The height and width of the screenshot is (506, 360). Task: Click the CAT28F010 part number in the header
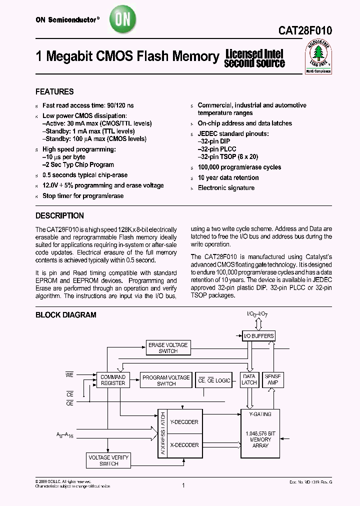(305, 30)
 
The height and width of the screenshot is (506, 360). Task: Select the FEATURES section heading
(54, 92)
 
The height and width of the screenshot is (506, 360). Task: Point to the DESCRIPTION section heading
(59, 216)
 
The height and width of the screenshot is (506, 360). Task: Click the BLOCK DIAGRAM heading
(65, 315)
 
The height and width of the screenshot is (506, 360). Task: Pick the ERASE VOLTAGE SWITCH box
(168, 348)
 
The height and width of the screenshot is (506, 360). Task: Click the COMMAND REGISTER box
(113, 380)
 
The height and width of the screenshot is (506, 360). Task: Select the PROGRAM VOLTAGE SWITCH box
(166, 380)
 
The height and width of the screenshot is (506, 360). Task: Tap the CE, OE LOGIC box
(215, 380)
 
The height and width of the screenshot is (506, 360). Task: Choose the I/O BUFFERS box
(258, 336)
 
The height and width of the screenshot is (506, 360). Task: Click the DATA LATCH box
(249, 379)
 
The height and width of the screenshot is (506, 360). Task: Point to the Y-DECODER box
(184, 422)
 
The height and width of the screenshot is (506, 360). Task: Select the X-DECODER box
(184, 445)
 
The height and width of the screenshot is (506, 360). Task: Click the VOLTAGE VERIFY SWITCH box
(108, 460)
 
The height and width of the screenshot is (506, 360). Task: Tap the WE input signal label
(69, 373)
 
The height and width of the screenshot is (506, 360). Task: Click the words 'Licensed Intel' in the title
(254, 53)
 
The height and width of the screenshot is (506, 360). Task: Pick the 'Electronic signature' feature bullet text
(226, 188)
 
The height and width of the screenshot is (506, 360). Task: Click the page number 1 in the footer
(183, 485)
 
